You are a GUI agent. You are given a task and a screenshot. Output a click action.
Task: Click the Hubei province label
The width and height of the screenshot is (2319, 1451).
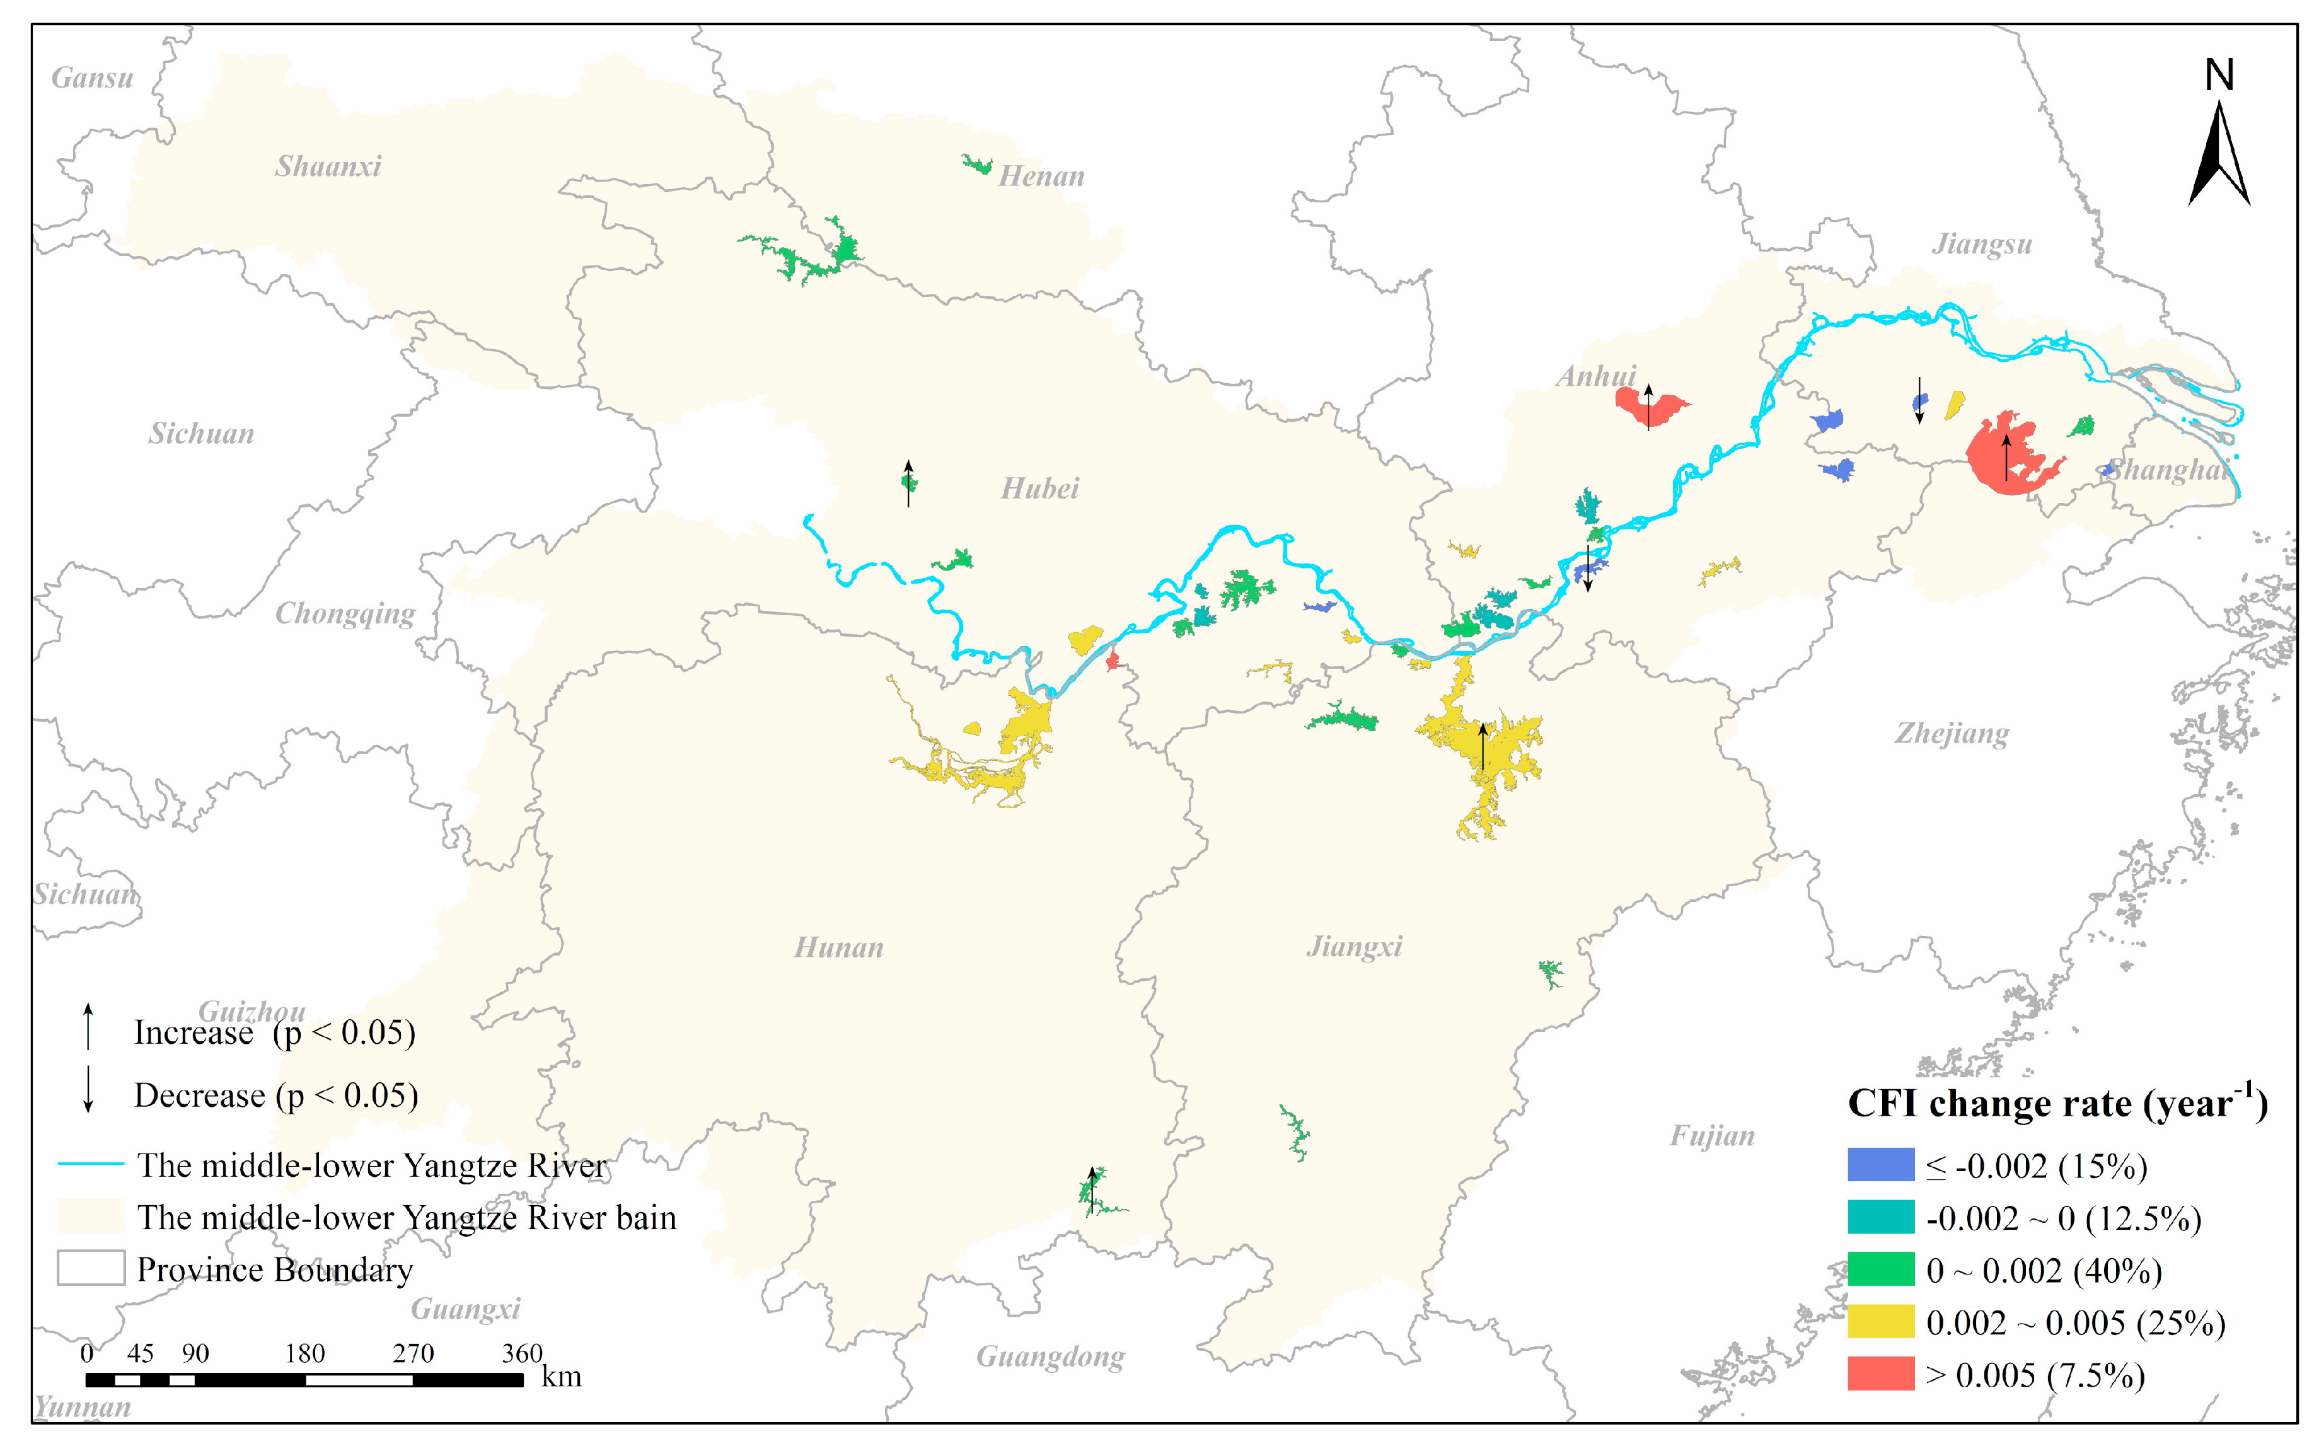[1040, 488]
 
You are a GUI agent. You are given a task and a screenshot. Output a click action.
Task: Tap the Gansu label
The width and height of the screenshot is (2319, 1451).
[92, 78]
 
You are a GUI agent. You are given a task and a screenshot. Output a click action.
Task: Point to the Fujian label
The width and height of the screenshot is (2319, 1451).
[1711, 1136]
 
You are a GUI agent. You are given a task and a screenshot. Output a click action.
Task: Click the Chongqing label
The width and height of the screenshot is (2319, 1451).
[345, 613]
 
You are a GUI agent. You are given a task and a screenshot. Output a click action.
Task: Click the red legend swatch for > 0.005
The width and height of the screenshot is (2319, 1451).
[1880, 1373]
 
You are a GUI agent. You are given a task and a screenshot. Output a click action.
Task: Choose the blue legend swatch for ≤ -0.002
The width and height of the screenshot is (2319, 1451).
[1880, 1164]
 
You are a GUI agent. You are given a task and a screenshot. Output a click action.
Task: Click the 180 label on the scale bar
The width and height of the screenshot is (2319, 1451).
[305, 1353]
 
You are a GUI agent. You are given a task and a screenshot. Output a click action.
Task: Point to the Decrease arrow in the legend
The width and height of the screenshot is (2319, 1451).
[88, 1089]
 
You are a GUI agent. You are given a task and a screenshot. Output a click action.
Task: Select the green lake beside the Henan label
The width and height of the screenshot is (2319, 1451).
[977, 165]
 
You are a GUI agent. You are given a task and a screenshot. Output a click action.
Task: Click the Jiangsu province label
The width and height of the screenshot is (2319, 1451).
[1982, 244]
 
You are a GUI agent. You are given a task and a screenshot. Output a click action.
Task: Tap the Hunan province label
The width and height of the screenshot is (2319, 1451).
[838, 948]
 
